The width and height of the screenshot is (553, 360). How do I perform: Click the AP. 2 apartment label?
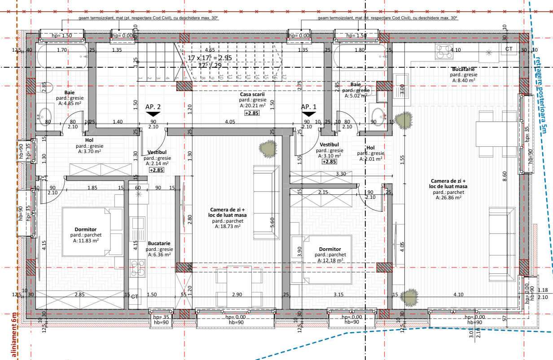click(153, 107)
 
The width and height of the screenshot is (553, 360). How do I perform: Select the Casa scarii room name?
click(253, 94)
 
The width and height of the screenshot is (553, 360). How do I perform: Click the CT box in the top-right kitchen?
click(509, 48)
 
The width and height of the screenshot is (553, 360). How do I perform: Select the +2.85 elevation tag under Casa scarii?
click(251, 113)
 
